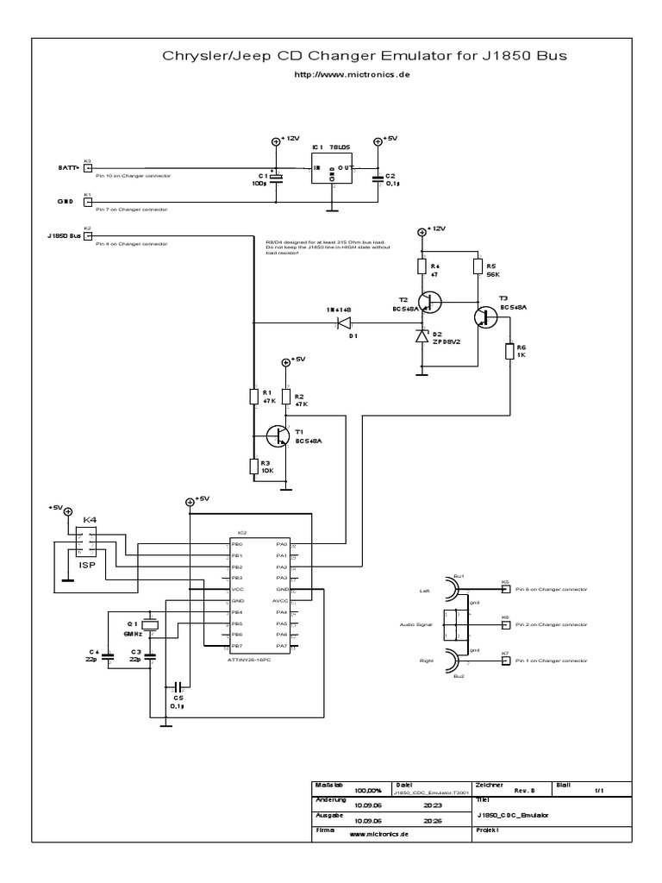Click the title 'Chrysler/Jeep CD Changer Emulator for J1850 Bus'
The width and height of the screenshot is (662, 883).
[x=365, y=57]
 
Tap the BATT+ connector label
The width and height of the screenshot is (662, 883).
[x=68, y=167]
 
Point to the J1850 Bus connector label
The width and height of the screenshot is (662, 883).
[x=65, y=235]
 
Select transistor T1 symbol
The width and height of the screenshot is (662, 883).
[x=278, y=436]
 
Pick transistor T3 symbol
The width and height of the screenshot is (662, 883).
[x=484, y=317]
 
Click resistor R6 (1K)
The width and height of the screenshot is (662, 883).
[x=509, y=351]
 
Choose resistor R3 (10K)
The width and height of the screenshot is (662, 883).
[x=254, y=467]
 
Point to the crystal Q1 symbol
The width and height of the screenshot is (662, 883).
[x=151, y=625]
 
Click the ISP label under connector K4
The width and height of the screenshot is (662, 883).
[x=88, y=566]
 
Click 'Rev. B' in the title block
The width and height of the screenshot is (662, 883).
[x=524, y=790]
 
